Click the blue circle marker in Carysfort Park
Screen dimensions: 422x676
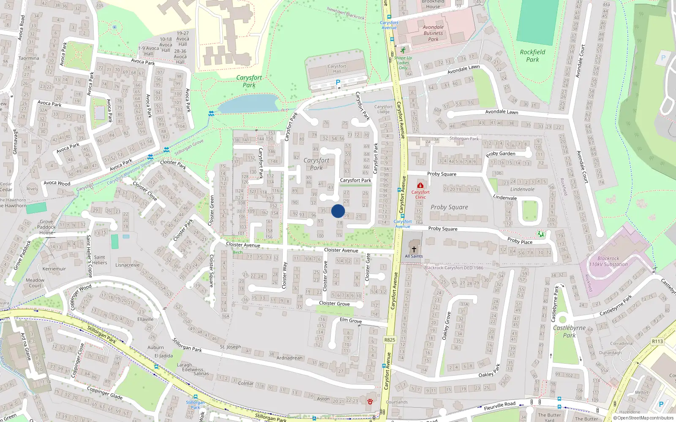338,211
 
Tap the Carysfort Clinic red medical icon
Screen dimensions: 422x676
420,186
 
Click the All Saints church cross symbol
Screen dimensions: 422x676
414,249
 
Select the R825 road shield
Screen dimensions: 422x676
390,340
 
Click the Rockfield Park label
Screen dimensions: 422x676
532,56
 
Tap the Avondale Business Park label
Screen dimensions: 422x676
433,33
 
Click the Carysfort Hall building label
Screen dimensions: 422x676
337,69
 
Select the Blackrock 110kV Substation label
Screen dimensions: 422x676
608,261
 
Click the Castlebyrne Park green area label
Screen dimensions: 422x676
569,331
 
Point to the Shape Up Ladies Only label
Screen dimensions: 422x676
403,63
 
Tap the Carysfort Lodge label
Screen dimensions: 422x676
383,109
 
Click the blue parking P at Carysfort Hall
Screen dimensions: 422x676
338,82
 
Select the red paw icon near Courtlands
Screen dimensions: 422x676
370,401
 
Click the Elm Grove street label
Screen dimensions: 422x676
351,320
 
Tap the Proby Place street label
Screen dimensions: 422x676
520,241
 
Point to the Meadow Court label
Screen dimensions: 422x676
35,283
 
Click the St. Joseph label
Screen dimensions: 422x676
230,347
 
